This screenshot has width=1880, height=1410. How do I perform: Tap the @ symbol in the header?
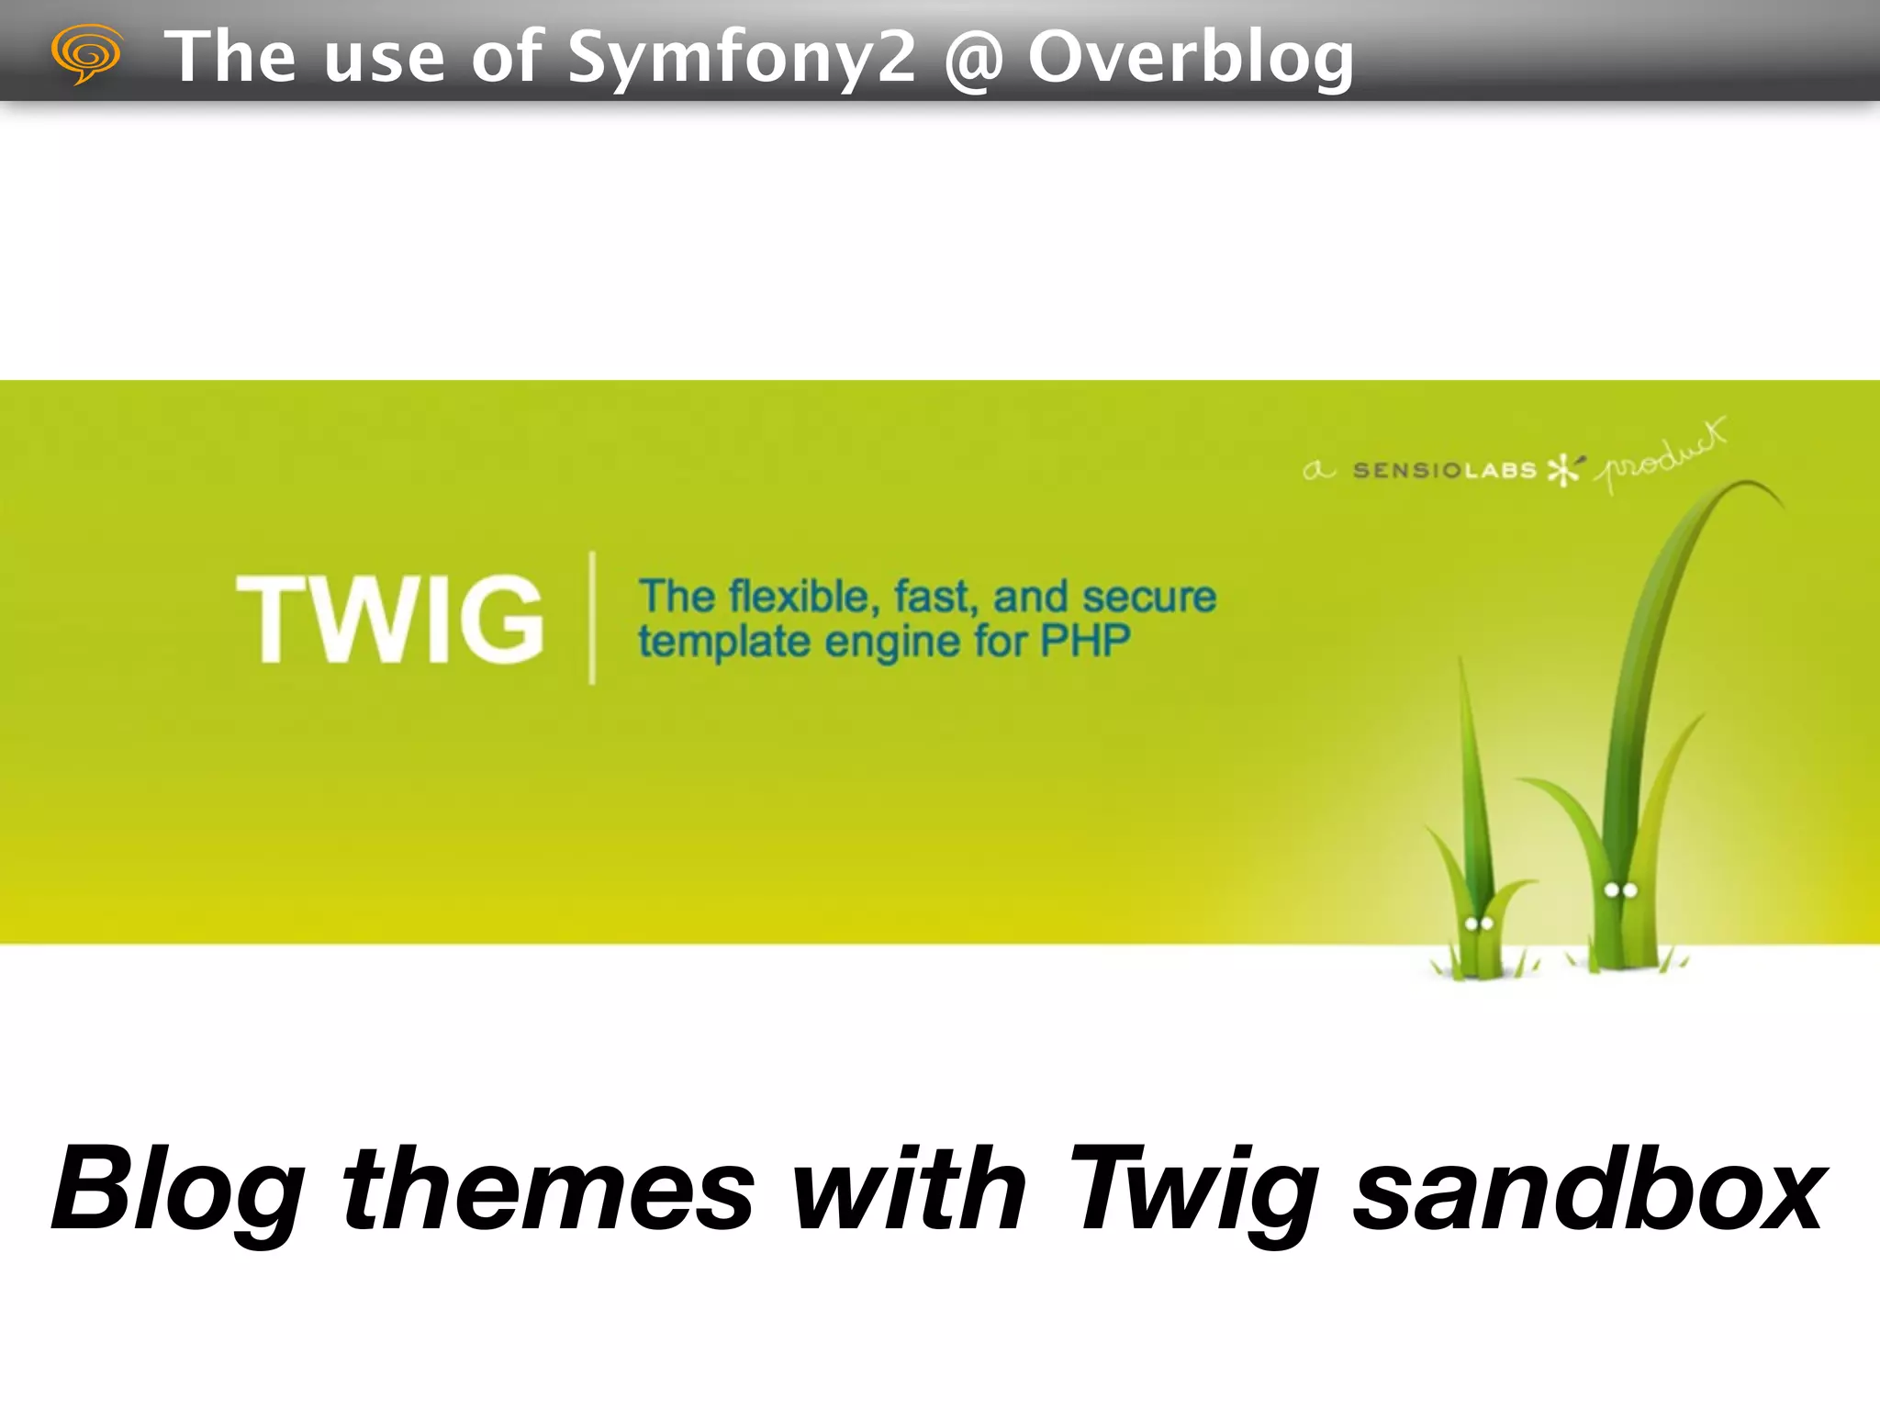(x=972, y=59)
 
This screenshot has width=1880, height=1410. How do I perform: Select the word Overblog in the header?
(x=1190, y=57)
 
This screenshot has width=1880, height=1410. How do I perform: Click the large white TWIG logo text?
(x=391, y=618)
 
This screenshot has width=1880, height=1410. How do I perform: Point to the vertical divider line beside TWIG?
(x=592, y=617)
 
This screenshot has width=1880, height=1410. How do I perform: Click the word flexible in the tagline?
(x=798, y=597)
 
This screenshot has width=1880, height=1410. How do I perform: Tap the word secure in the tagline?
(x=1149, y=597)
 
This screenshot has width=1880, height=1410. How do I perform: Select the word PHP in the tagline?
(x=1084, y=640)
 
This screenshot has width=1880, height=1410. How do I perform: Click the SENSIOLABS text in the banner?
(x=1444, y=471)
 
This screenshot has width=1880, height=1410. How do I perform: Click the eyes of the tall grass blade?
(x=1620, y=890)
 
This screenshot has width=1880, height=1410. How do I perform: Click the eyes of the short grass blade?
(x=1478, y=923)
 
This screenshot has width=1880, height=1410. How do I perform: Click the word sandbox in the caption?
(x=1589, y=1190)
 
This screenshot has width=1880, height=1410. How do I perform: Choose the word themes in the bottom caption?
(x=548, y=1190)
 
